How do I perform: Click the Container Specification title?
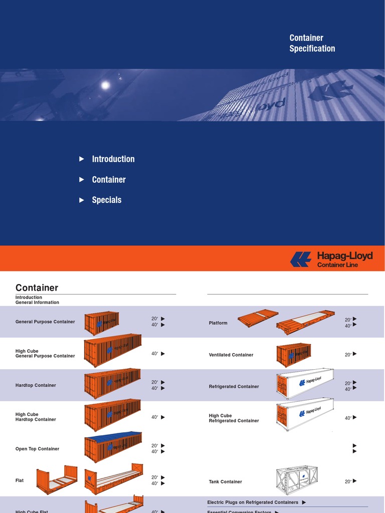click(x=312, y=43)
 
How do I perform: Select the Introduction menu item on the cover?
click(x=113, y=159)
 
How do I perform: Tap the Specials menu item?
click(x=106, y=200)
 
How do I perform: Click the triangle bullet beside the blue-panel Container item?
click(x=82, y=179)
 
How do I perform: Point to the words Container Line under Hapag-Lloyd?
click(x=337, y=265)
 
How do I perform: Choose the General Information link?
click(x=37, y=303)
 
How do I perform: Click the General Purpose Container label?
click(x=45, y=322)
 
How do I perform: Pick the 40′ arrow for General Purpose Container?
click(x=162, y=325)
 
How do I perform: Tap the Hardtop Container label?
click(x=36, y=385)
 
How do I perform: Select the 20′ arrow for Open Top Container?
click(x=162, y=445)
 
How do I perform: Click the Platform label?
click(x=218, y=323)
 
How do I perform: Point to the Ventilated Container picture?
click(x=294, y=355)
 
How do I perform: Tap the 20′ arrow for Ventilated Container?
click(x=354, y=354)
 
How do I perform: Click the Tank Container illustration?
click(x=297, y=480)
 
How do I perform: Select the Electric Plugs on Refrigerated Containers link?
click(x=253, y=502)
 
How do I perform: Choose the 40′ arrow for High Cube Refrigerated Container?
click(x=354, y=417)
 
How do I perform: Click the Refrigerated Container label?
click(x=234, y=387)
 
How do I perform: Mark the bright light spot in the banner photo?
click(x=105, y=85)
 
